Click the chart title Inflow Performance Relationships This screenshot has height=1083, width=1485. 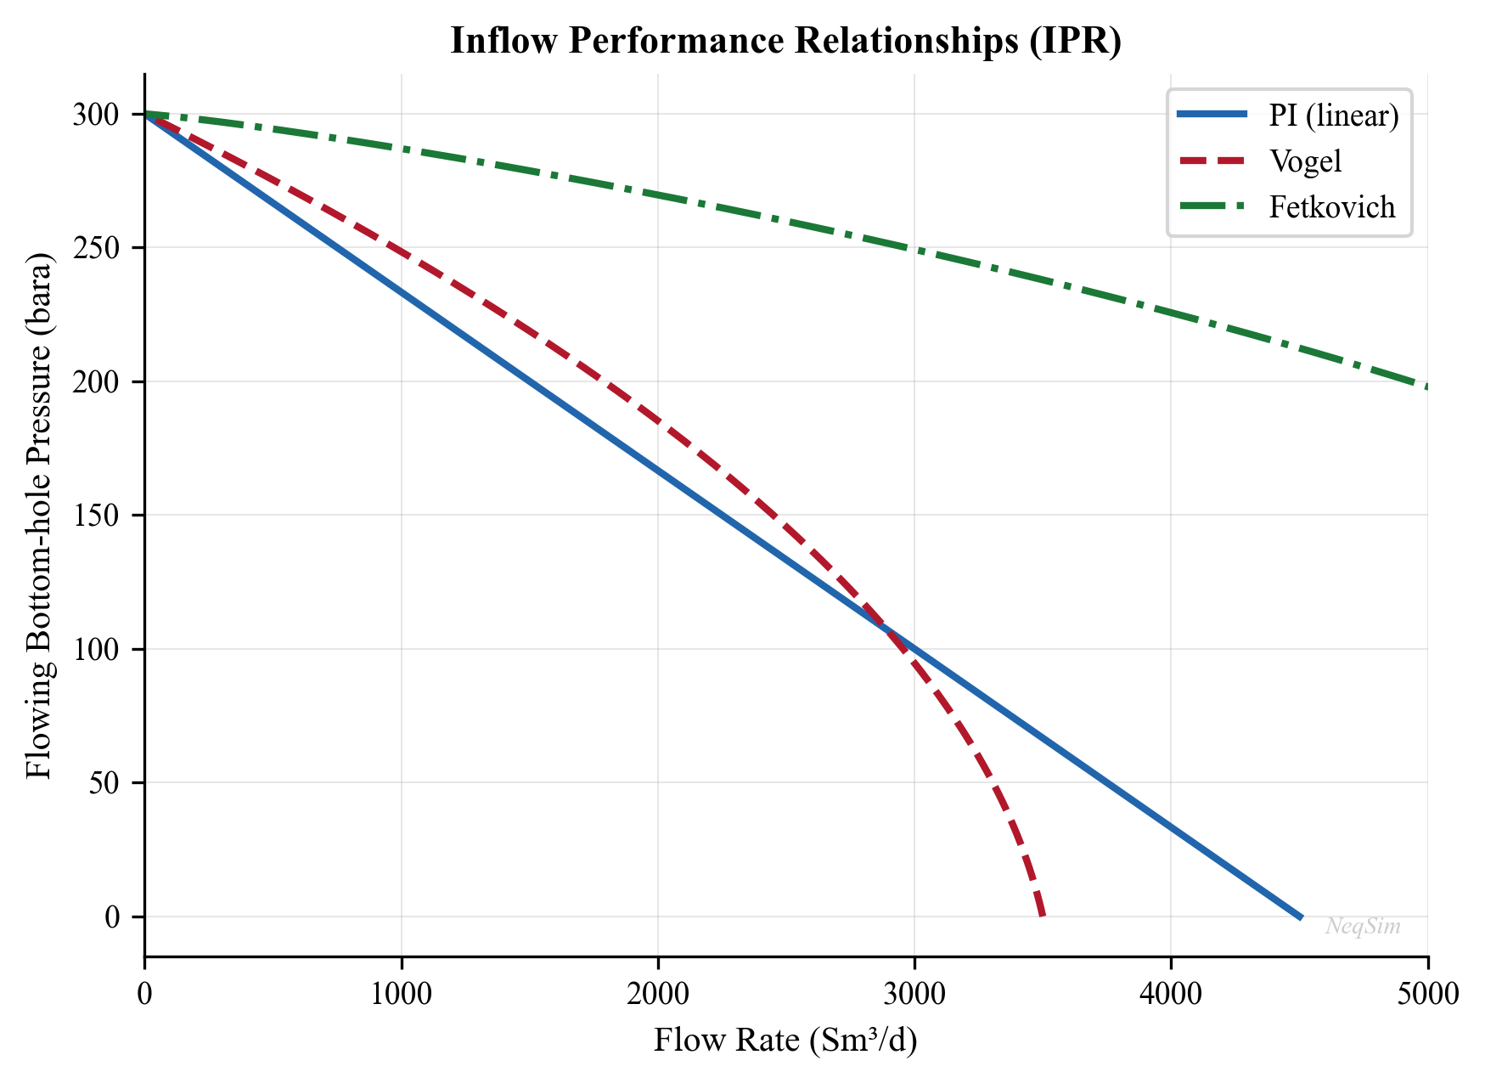pyautogui.click(x=785, y=41)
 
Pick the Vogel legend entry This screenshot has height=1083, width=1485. pyautogui.click(x=1305, y=161)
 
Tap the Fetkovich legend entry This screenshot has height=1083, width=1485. pyautogui.click(x=1331, y=206)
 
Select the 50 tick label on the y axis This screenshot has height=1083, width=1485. pyautogui.click(x=105, y=783)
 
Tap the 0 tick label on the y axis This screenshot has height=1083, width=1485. pyautogui.click(x=113, y=917)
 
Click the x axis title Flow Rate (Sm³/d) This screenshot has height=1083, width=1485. pyautogui.click(x=785, y=1041)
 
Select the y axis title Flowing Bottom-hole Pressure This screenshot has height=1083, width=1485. pyautogui.click(x=39, y=516)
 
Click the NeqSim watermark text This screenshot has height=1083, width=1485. pyautogui.click(x=1363, y=926)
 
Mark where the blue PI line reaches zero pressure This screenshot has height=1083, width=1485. pyautogui.click(x=1300, y=917)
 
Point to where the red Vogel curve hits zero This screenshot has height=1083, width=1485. pyautogui.click(x=1043, y=916)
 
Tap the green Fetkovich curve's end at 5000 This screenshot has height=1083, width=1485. pyautogui.click(x=1426, y=386)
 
